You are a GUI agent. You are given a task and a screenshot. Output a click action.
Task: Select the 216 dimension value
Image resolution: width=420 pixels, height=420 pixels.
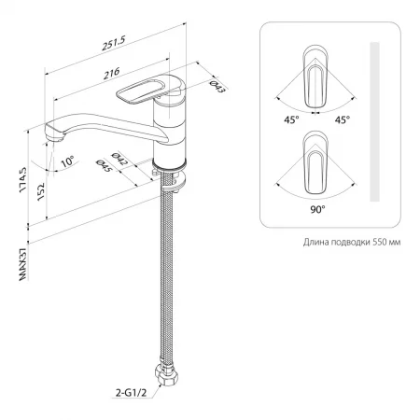point(112,74)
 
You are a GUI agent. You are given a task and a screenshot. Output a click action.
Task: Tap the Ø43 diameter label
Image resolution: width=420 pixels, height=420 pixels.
point(217,87)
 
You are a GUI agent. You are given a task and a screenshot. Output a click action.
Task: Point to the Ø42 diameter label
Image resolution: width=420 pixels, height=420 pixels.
point(119,159)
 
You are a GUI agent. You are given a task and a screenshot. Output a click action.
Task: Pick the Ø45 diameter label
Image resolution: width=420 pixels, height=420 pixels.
point(104,166)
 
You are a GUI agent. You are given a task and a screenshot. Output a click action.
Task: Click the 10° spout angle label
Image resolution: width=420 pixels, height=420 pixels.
point(67,161)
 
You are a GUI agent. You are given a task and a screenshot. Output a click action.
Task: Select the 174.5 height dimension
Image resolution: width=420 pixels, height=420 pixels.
point(23,180)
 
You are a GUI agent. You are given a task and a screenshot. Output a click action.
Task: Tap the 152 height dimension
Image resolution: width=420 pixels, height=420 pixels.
point(41,192)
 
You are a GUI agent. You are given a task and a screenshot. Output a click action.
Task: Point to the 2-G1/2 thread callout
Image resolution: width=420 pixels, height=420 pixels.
point(131,393)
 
